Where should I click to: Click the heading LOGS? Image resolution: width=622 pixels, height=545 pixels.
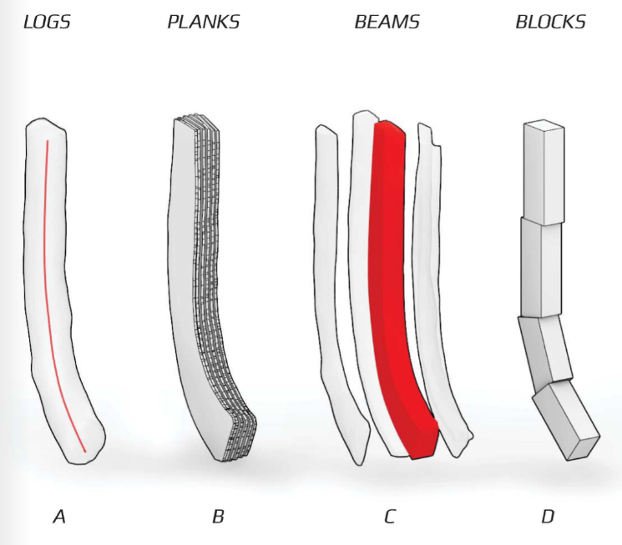[x=47, y=23]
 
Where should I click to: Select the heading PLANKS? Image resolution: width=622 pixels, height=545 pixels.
[x=204, y=23]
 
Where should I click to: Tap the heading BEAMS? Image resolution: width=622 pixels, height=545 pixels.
[x=387, y=23]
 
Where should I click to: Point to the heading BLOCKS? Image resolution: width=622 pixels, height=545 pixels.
[x=550, y=23]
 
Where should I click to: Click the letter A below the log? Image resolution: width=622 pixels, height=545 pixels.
[x=59, y=517]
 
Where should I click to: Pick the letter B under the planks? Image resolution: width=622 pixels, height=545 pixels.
[x=218, y=517]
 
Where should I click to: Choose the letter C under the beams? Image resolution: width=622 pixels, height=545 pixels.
[x=389, y=517]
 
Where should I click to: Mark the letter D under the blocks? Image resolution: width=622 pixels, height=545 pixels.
[x=548, y=517]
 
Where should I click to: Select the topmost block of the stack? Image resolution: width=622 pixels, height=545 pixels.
[x=544, y=175]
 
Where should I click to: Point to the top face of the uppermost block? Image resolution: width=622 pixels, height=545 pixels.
[x=544, y=127]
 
